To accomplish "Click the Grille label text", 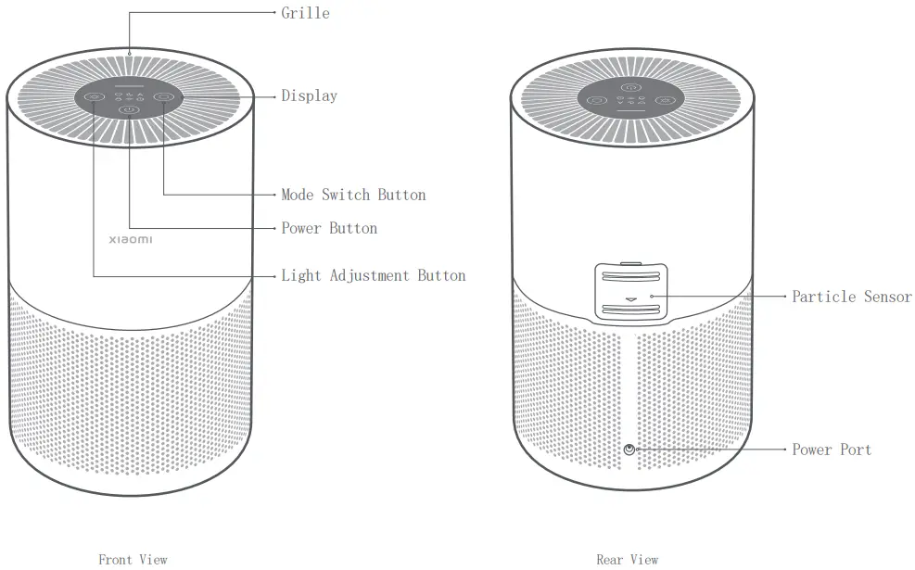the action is (305, 13).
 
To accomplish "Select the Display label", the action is (309, 95).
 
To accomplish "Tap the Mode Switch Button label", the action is (353, 195).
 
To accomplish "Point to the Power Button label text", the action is (329, 228).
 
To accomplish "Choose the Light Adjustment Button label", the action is (373, 275).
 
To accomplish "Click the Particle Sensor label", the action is (851, 297).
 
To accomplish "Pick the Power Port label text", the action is (831, 450).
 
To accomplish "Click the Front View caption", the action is (133, 560).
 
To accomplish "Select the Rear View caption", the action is (628, 560).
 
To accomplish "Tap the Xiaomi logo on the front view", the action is (132, 240).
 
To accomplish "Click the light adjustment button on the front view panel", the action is (95, 96).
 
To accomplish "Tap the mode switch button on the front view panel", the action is (164, 96).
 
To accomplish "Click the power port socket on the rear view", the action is (630, 450).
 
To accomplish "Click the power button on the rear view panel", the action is (630, 88).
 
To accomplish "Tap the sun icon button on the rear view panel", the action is (665, 100).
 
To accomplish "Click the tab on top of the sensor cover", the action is (630, 263).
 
